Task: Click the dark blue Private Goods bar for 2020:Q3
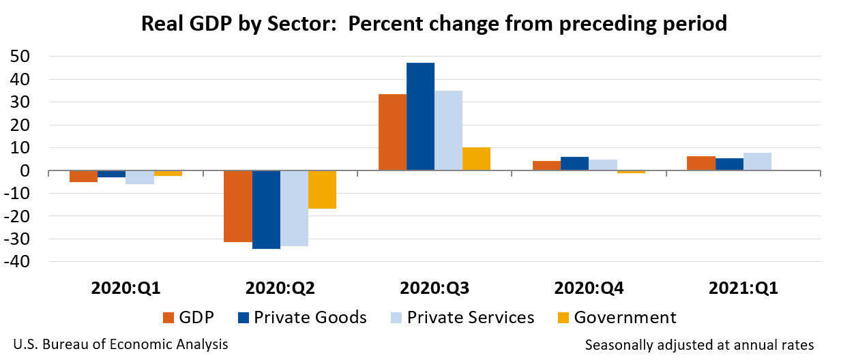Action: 420,116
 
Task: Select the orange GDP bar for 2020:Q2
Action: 237,206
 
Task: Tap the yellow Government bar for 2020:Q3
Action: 476,159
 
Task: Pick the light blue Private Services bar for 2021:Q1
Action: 757,162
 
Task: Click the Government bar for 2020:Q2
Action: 322,190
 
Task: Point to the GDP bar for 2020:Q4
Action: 546,166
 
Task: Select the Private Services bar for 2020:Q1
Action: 140,177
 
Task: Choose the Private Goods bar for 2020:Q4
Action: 574,164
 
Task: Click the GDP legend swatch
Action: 169,318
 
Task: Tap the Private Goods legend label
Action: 310,317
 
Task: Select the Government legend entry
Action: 617,317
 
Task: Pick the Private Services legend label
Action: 471,317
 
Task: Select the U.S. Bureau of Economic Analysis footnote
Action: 120,344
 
